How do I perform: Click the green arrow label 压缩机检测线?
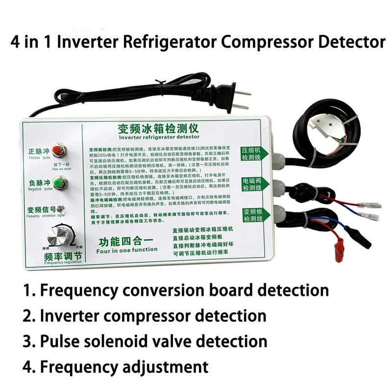[254, 154]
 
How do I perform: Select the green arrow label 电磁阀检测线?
[254, 184]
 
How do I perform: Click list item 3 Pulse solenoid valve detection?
[145, 341]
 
